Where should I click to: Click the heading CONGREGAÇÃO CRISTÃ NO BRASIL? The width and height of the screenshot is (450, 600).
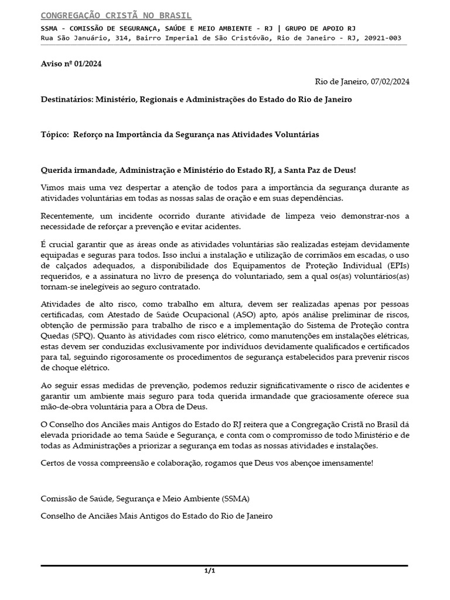pyautogui.click(x=116, y=15)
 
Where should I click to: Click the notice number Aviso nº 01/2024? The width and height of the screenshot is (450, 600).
pyautogui.click(x=71, y=64)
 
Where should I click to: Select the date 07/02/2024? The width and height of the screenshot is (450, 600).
pyautogui.click(x=390, y=81)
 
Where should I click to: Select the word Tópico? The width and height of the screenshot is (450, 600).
pyautogui.click(x=54, y=135)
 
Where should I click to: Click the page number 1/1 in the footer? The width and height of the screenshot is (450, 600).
pyautogui.click(x=210, y=571)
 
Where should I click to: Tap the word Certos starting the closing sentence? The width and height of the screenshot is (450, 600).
pyautogui.click(x=53, y=463)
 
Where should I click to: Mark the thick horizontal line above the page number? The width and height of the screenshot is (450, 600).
pyautogui.click(x=224, y=565)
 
